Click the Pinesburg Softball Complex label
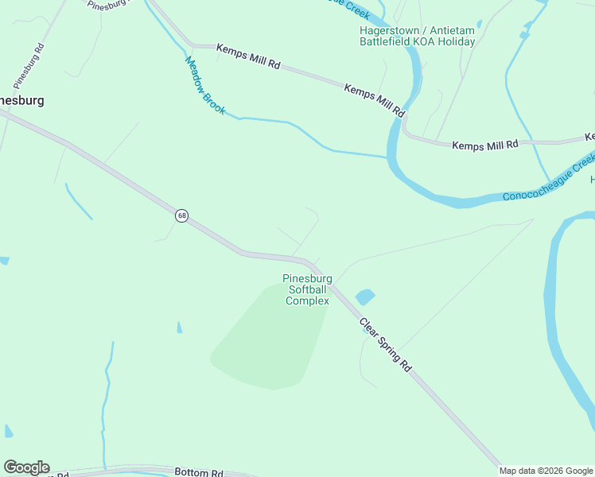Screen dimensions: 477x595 (307, 289)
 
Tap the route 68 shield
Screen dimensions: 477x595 (181, 215)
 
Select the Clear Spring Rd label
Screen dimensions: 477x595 (385, 345)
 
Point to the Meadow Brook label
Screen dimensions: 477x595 (205, 84)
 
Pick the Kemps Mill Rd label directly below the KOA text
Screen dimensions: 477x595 (375, 99)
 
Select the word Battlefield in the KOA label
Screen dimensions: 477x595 (384, 41)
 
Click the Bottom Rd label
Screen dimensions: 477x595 (199, 472)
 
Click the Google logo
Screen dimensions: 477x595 (26, 467)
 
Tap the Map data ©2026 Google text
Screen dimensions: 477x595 (546, 471)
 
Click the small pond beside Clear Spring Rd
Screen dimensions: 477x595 (364, 297)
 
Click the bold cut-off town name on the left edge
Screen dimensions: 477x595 (21, 101)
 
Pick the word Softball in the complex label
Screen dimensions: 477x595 (307, 289)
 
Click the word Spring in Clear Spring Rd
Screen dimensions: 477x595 (386, 346)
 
